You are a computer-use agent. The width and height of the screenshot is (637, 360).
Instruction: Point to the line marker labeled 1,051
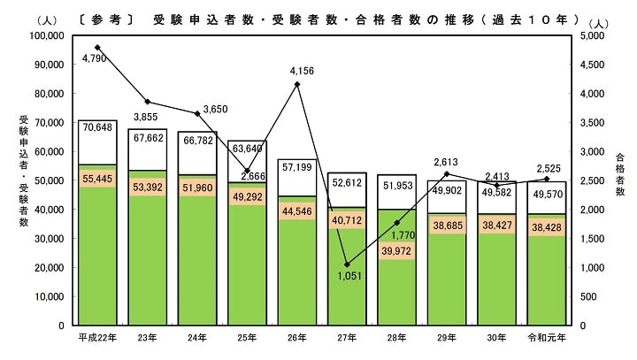click(347, 264)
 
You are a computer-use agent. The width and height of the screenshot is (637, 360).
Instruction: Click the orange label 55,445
click(97, 180)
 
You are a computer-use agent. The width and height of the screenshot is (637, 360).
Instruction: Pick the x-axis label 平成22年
click(97, 337)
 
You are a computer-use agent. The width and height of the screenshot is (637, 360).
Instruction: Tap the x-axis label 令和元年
click(547, 337)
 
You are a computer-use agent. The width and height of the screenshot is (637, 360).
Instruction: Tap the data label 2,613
click(446, 162)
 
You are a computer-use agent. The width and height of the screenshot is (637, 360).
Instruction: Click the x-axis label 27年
click(347, 337)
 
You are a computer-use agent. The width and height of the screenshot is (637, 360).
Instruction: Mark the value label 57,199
click(297, 167)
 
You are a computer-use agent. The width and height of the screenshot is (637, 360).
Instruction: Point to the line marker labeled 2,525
click(547, 179)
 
